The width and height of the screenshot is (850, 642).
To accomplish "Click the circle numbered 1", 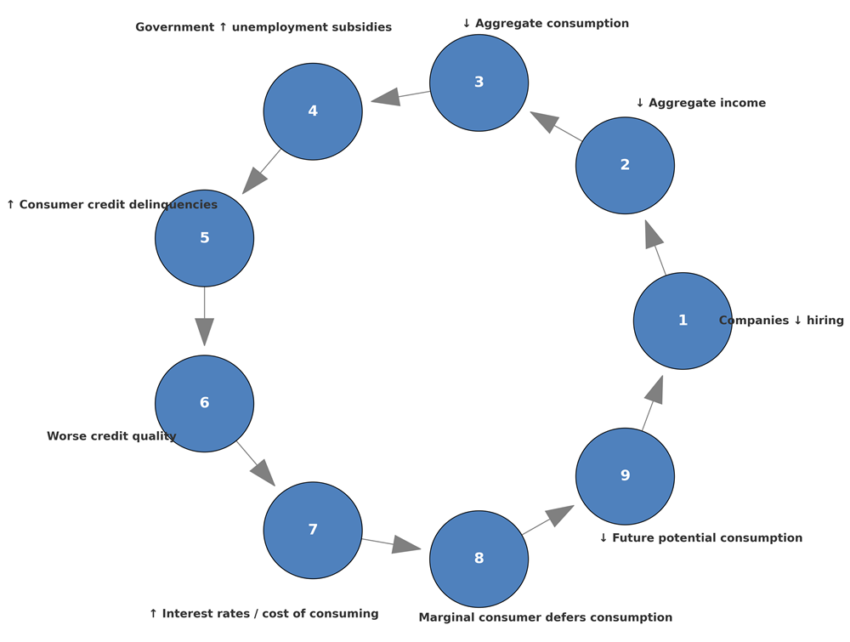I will (683, 321).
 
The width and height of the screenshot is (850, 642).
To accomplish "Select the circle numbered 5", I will (204, 238).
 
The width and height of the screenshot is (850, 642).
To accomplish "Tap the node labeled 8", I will (479, 559).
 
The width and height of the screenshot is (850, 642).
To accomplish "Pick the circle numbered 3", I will (479, 82).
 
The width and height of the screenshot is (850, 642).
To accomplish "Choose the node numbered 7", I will (313, 530).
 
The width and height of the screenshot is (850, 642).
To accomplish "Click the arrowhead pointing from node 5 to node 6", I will (204, 331).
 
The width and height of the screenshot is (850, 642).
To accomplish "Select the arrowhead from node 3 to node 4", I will (387, 96).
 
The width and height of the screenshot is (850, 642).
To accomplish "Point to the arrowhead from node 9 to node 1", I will (654, 390).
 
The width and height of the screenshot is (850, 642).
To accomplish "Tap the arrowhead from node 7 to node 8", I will (405, 545).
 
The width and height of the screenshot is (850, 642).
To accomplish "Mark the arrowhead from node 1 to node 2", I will (653, 235).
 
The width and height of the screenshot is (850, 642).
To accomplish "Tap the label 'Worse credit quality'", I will (111, 436).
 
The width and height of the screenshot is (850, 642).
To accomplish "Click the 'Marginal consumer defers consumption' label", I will (545, 617).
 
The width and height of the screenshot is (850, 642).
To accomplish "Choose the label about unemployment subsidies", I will (263, 27).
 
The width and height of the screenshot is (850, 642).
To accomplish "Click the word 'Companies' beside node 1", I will (752, 321).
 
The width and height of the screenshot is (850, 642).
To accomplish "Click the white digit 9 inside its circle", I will (625, 476).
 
